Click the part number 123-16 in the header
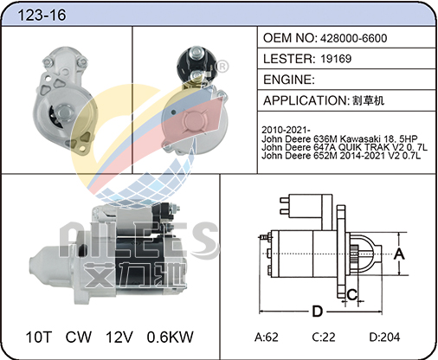tap(42, 15)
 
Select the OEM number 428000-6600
tap(353, 38)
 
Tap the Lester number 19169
tap(336, 59)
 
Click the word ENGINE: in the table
tap(289, 80)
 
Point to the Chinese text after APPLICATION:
tap(368, 100)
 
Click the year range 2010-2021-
tap(286, 130)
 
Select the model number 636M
tap(325, 138)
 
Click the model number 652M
tap(325, 156)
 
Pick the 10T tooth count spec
tap(39, 337)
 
